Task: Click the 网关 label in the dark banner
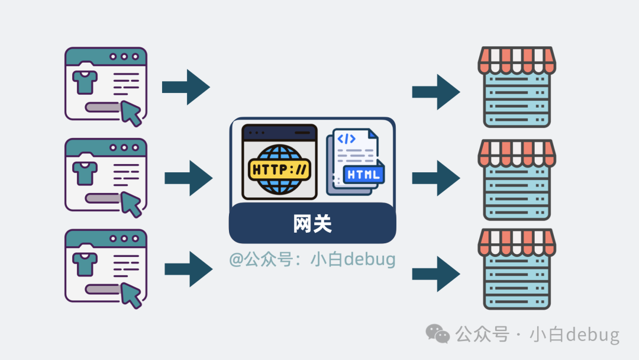[x=312, y=224]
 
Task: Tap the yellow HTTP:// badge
[x=280, y=170]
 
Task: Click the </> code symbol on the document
[x=346, y=139]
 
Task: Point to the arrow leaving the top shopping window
[x=186, y=87]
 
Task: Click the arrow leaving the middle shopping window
[x=188, y=178]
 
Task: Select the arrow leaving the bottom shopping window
[x=188, y=269]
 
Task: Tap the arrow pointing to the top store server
[x=436, y=92]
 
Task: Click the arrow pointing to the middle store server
[x=436, y=178]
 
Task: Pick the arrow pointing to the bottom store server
[x=436, y=274]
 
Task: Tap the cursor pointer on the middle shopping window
[x=132, y=204]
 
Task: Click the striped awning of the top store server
[x=517, y=60]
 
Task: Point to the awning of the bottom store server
[x=517, y=242]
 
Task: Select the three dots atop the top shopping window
[x=124, y=57]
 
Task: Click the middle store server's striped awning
[x=517, y=152]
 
